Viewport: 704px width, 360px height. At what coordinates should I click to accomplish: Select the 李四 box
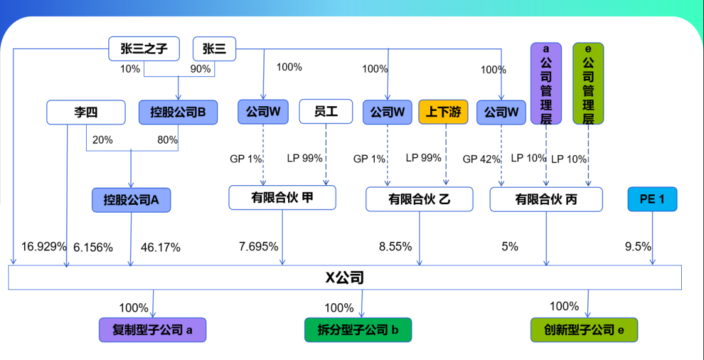click(x=85, y=112)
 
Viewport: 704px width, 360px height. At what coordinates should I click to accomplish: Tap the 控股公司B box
click(x=178, y=112)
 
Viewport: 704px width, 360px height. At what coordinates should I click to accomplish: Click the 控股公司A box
click(x=131, y=200)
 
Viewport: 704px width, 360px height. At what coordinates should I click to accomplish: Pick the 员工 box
click(x=325, y=112)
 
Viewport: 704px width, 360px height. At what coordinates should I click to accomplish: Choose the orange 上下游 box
click(x=443, y=112)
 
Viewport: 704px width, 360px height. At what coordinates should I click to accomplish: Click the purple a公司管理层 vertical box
click(x=546, y=83)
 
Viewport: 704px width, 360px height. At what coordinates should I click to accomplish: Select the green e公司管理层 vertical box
click(x=588, y=83)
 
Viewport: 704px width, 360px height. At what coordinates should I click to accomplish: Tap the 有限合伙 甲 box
click(x=282, y=198)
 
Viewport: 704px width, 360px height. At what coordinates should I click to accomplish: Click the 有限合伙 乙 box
click(x=419, y=199)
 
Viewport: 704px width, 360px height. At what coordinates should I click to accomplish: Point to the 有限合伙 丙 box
click(x=546, y=200)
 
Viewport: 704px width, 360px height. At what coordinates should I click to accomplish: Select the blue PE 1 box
click(x=652, y=199)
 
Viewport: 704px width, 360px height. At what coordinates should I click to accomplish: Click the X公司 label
click(x=345, y=278)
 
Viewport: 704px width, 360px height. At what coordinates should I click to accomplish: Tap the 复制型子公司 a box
click(x=153, y=330)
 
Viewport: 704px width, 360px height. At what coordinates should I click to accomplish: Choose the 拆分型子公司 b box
click(x=358, y=330)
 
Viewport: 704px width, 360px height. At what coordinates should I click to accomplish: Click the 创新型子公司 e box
click(x=583, y=330)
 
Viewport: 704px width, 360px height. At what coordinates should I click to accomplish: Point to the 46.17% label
click(x=160, y=248)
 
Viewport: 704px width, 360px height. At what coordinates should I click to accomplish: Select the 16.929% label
click(x=44, y=247)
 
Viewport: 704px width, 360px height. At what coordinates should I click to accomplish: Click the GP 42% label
click(x=482, y=158)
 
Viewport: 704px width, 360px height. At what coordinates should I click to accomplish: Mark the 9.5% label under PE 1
click(x=638, y=247)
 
